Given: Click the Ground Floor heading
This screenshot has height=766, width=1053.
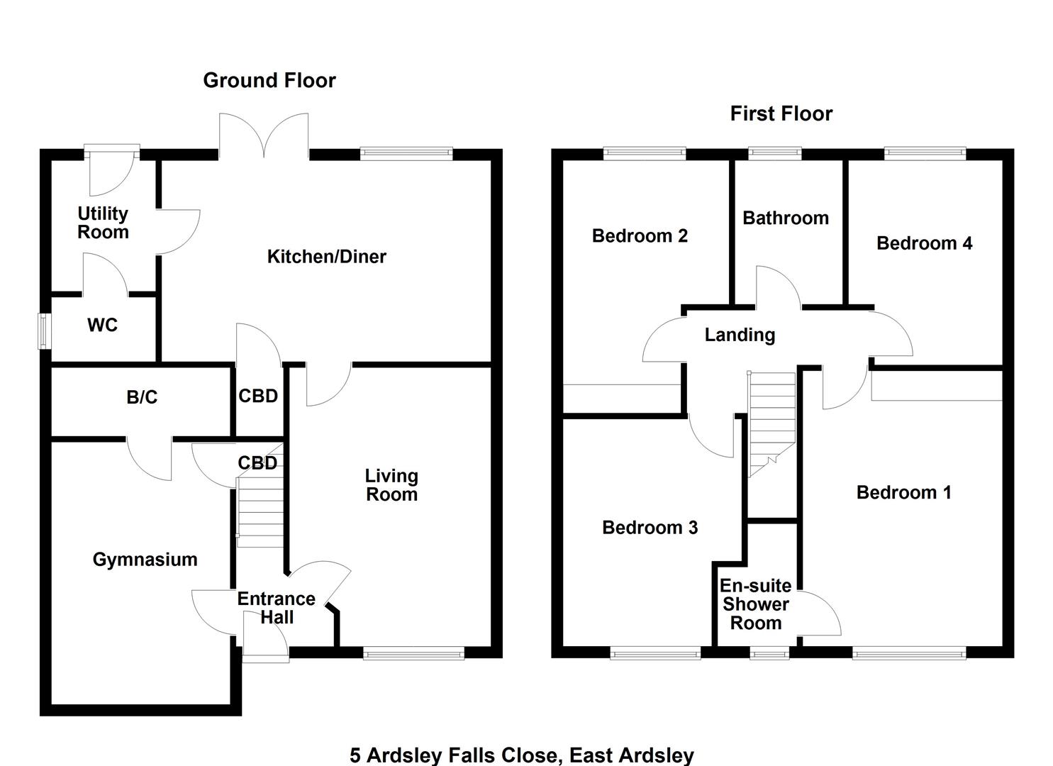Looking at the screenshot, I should coord(269,80).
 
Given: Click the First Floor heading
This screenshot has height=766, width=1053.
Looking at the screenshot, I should coord(781,113).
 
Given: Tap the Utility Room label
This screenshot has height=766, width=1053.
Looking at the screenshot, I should coord(103,223).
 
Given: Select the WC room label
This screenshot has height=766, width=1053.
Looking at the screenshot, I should coord(102,326).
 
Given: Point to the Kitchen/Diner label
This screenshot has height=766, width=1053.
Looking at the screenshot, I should coord(326,257).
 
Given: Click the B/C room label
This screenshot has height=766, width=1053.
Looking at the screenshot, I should coord(142,397).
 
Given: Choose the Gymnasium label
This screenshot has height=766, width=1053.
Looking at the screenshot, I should coord(145,560).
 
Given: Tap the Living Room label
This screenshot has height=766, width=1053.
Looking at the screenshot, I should coord(391,485).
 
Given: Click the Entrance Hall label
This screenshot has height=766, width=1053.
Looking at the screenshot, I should coord(276,608).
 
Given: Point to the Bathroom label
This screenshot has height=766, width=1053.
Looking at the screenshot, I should coord(786,218).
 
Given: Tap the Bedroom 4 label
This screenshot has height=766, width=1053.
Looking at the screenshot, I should coord(924,243).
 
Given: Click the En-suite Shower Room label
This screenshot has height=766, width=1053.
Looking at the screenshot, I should coord(756,604).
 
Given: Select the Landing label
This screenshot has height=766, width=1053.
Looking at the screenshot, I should coord(740,335).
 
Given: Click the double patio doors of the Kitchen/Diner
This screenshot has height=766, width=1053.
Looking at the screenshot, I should coord(264,136).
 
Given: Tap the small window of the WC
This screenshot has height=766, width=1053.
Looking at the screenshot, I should coord(45,331).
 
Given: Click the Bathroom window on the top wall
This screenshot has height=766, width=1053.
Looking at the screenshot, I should coord(775,152).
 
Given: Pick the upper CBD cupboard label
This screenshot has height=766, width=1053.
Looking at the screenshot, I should coord(258,396).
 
